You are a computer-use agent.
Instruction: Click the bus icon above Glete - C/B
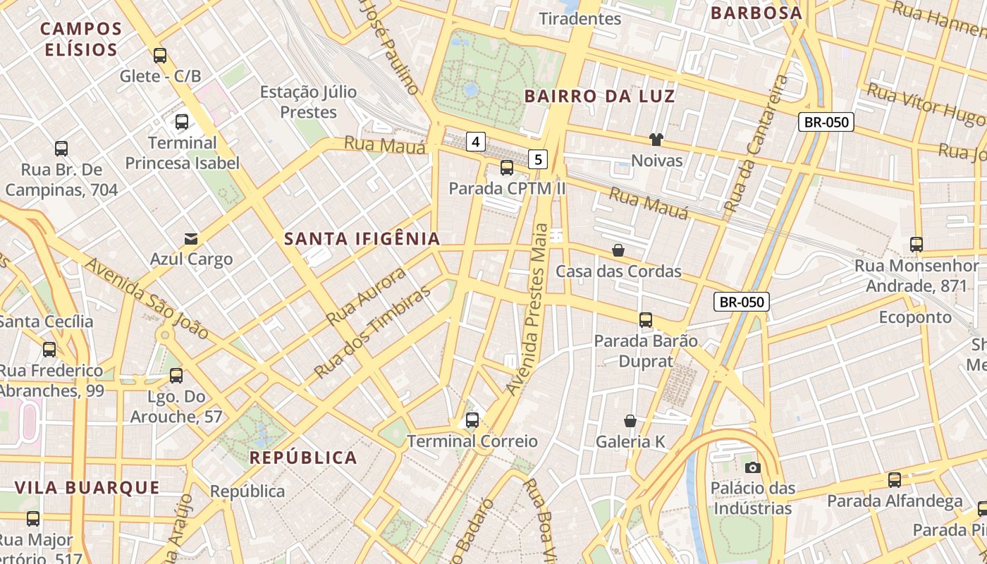pos(160,55)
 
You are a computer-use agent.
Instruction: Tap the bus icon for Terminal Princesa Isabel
pos(182,121)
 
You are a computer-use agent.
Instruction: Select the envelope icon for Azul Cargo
pos(191,238)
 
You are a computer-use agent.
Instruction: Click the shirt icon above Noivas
pos(656,140)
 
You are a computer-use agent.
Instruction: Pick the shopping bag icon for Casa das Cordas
pos(618,250)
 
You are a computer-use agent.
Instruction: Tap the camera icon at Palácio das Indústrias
pos(752,467)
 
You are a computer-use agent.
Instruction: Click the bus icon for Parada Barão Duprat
pos(646,320)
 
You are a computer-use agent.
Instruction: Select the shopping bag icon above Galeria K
pos(630,421)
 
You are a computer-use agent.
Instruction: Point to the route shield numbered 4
pos(476,142)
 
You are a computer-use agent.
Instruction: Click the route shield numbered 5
pos(539,159)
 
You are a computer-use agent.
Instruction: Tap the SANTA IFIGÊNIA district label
pos(362,239)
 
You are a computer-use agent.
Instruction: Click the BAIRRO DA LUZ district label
pos(600,97)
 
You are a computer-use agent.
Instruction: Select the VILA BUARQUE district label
pos(87,487)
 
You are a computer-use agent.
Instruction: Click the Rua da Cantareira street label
pos(757,145)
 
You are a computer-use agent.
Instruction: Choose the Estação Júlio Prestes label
pos(309,102)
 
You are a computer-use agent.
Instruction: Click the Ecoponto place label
pos(915,317)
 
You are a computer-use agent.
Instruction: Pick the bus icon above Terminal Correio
pos(472,420)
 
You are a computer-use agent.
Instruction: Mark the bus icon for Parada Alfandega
pos(895,480)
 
